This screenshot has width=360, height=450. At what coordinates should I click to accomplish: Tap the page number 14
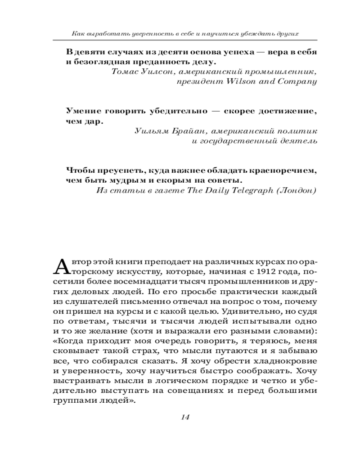point(184,417)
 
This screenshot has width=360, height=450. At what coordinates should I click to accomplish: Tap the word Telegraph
point(244,190)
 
